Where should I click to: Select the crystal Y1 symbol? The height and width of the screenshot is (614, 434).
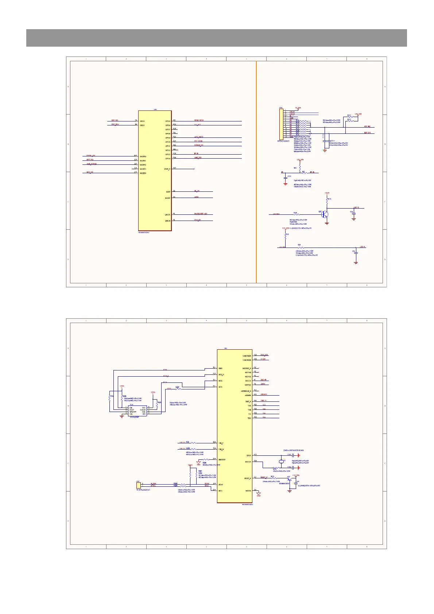[281, 462]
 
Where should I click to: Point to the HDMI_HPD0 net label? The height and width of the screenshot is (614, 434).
[199, 120]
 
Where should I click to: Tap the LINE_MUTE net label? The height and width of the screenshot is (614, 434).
[198, 137]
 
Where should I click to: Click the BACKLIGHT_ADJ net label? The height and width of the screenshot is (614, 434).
[201, 214]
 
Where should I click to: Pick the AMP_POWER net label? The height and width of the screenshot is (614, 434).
[91, 164]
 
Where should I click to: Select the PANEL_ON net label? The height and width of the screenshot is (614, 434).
[91, 156]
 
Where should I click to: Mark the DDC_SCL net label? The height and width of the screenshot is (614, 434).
[115, 120]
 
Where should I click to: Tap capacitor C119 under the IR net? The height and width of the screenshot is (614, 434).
[285, 178]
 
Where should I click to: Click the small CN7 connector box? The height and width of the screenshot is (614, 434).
[138, 485]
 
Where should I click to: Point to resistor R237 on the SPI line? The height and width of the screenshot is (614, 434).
[178, 389]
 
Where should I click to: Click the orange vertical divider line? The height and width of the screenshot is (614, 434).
[256, 171]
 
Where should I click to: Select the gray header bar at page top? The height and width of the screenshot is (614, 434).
[217, 38]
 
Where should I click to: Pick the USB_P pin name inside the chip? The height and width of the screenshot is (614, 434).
[221, 443]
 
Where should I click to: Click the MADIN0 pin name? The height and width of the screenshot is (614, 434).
[143, 156]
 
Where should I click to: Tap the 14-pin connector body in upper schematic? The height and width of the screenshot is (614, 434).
[281, 124]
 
